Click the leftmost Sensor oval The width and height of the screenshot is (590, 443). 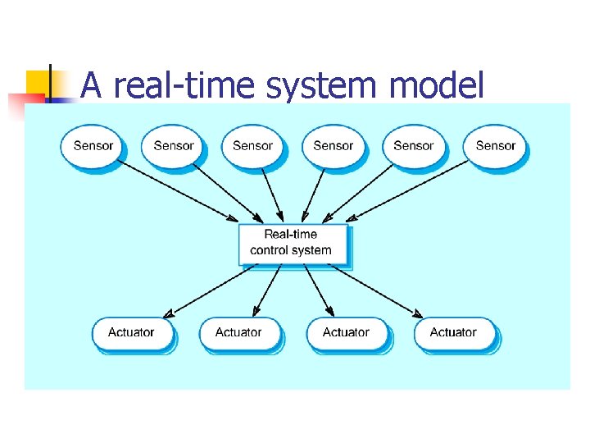click(x=93, y=146)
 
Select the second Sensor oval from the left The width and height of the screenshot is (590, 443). click(x=173, y=146)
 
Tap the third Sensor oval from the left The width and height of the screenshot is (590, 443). click(x=252, y=146)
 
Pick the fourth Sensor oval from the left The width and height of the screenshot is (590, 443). click(x=333, y=146)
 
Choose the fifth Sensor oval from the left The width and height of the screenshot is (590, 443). click(x=413, y=146)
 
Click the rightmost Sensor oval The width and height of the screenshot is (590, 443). click(x=495, y=146)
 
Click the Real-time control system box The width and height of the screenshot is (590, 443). click(x=293, y=243)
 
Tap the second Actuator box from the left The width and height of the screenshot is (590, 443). click(x=238, y=333)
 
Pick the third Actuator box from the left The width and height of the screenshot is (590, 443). click(x=346, y=333)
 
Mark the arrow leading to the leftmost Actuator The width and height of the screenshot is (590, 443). click(x=210, y=290)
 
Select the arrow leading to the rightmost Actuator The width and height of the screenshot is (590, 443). click(x=377, y=290)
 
